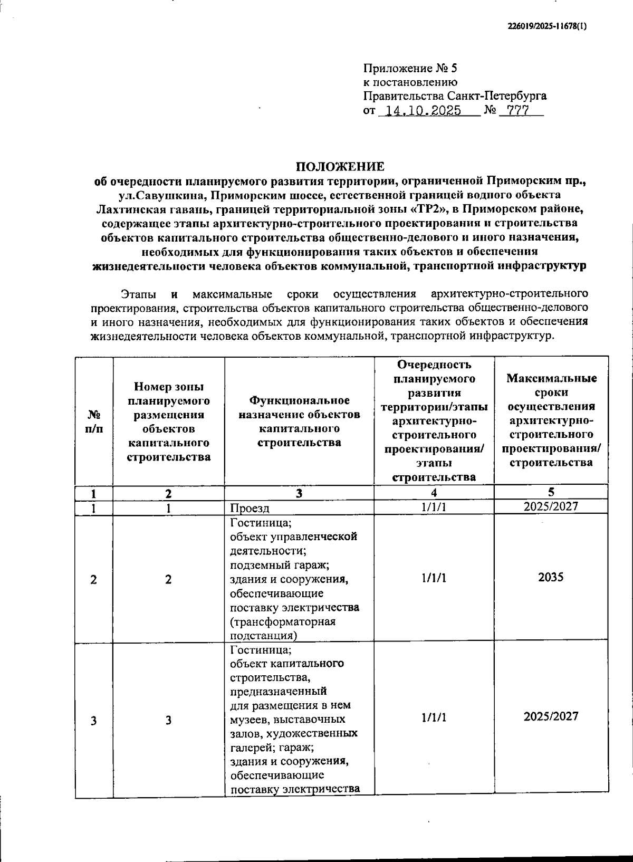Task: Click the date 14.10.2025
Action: [424, 111]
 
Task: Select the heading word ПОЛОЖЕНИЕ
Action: [340, 167]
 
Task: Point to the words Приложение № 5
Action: [410, 69]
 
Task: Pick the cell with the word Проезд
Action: [250, 508]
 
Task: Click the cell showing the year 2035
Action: [551, 577]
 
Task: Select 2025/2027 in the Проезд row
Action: [551, 506]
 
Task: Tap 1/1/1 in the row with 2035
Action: [434, 578]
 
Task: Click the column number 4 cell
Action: [434, 492]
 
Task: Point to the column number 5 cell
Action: [551, 492]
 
